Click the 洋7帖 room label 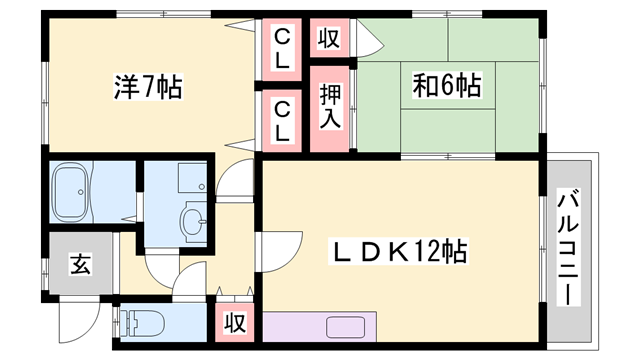(148, 87)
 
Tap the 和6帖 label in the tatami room (447, 85)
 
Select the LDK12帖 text (399, 251)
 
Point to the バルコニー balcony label (569, 249)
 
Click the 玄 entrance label (80, 264)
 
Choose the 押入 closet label (330, 107)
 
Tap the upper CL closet (282, 49)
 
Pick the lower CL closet (282, 121)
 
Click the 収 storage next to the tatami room (329, 38)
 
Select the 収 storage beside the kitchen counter (235, 322)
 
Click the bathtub (72, 191)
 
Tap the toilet (143, 323)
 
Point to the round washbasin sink (194, 222)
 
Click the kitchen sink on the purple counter (345, 327)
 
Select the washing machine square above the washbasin (192, 178)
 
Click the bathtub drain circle (81, 191)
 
